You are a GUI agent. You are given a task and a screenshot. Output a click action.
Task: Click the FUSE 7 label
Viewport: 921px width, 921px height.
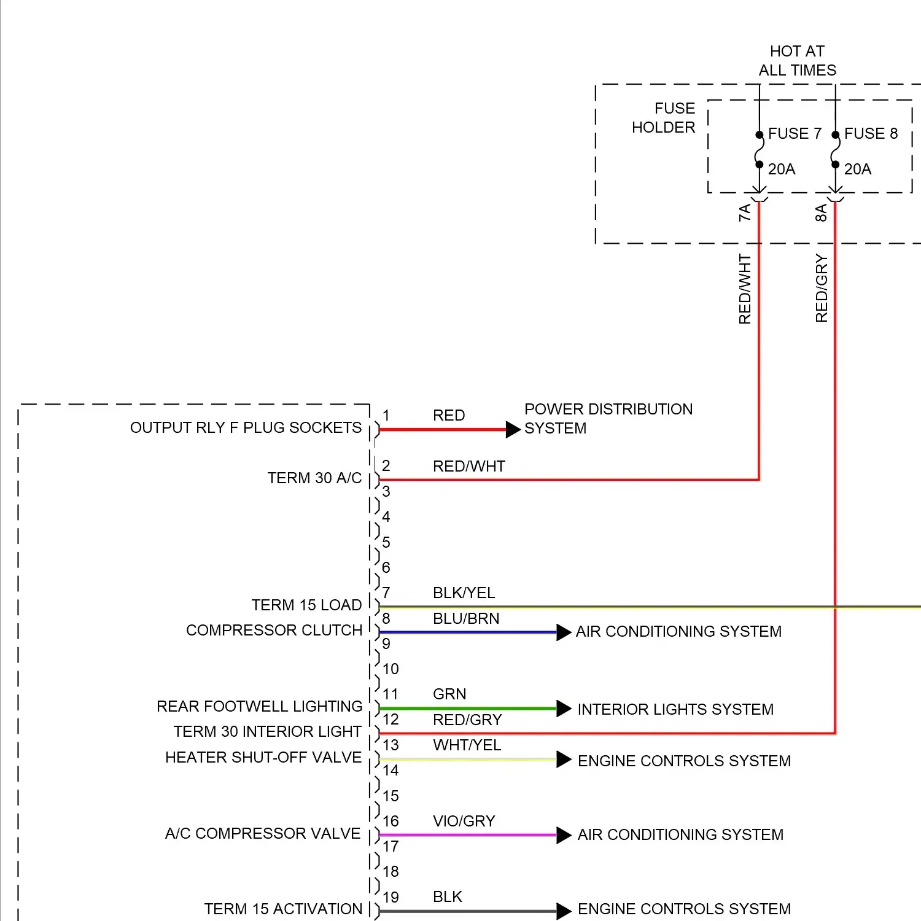pyautogui.click(x=795, y=134)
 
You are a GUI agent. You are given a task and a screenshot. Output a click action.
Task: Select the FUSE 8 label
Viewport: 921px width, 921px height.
pyautogui.click(x=871, y=134)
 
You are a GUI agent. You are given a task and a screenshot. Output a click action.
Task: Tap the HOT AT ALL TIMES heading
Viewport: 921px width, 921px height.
pyautogui.click(x=797, y=61)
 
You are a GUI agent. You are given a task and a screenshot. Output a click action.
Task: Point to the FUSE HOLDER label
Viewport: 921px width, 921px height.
pyautogui.click(x=664, y=118)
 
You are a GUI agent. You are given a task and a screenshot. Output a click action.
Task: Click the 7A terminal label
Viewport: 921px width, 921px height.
pyautogui.click(x=745, y=213)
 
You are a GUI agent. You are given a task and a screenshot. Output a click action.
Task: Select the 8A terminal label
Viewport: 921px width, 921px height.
pyautogui.click(x=821, y=213)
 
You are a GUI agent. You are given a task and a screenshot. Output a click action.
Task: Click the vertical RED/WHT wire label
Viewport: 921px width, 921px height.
pyautogui.click(x=745, y=289)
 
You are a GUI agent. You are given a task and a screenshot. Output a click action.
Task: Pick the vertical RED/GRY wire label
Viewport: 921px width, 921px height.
pyautogui.click(x=822, y=289)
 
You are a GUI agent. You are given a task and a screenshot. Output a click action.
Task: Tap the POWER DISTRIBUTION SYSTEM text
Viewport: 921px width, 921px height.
pyautogui.click(x=608, y=419)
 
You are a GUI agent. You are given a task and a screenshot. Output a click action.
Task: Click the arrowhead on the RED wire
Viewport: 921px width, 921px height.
pyautogui.click(x=513, y=430)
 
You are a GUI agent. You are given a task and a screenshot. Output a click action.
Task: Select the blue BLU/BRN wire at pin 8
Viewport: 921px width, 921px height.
pyautogui.click(x=467, y=632)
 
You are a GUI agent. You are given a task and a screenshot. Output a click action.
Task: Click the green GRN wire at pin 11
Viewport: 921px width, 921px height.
pyautogui.click(x=467, y=709)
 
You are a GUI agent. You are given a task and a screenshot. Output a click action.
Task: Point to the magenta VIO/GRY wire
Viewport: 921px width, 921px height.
pyautogui.click(x=467, y=835)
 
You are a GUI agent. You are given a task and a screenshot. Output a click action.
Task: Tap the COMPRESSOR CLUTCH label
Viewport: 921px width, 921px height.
pyautogui.click(x=274, y=631)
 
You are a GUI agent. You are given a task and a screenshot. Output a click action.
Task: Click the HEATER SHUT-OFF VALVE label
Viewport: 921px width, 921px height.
pyautogui.click(x=263, y=758)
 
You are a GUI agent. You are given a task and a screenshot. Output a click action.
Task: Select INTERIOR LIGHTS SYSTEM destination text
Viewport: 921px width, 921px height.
pyautogui.click(x=675, y=710)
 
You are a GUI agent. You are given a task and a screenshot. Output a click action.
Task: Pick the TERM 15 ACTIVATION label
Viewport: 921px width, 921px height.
pyautogui.click(x=283, y=909)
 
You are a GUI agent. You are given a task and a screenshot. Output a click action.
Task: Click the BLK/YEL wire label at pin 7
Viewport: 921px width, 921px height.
pyautogui.click(x=464, y=593)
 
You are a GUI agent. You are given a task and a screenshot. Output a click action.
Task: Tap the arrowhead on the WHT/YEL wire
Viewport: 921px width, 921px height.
pyautogui.click(x=564, y=760)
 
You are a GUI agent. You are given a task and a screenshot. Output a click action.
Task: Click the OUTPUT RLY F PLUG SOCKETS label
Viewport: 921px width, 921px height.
pyautogui.click(x=246, y=428)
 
